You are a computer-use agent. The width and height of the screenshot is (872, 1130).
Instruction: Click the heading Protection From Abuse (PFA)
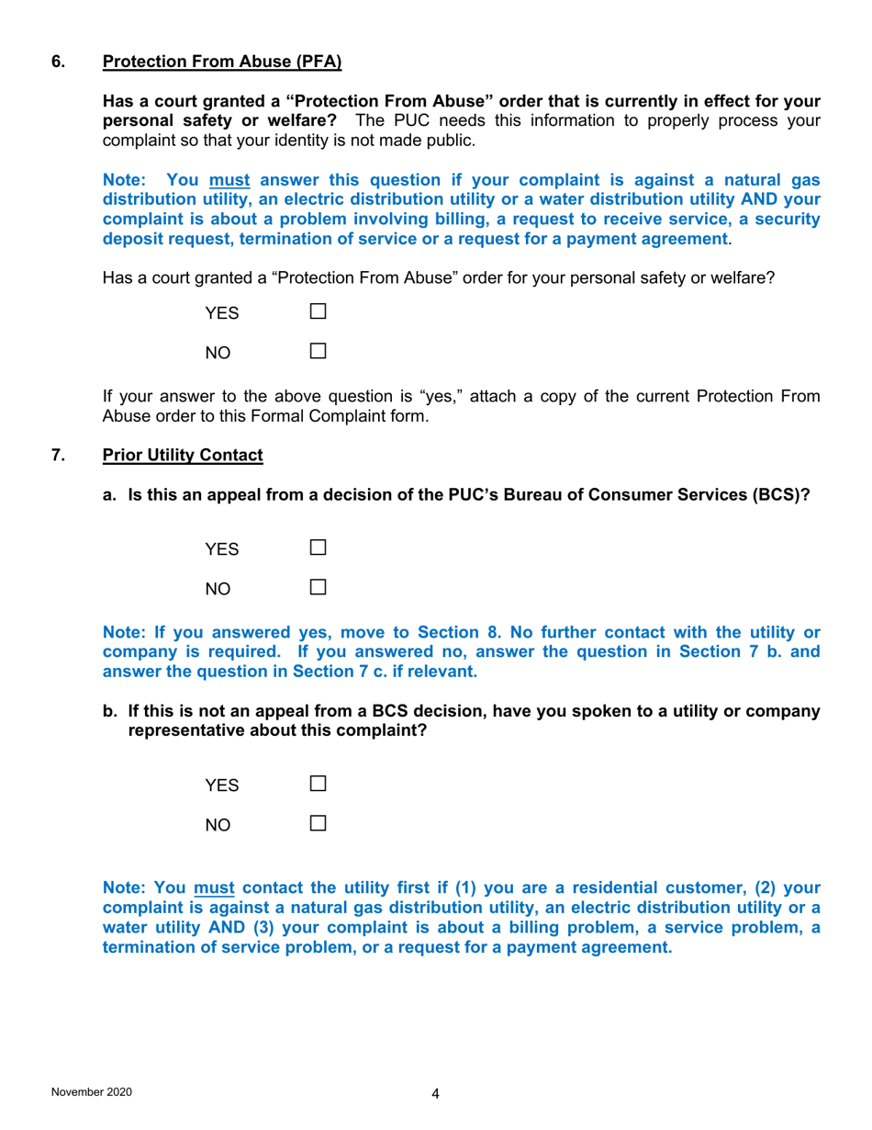click(221, 62)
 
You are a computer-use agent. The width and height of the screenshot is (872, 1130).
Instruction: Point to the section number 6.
click(57, 62)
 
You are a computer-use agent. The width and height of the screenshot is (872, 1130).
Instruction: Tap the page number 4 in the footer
click(435, 1093)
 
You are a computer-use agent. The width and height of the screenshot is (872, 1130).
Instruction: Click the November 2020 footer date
click(91, 1091)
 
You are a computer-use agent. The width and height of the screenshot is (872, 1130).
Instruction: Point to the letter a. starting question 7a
click(110, 496)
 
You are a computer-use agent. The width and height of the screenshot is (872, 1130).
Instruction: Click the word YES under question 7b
click(221, 786)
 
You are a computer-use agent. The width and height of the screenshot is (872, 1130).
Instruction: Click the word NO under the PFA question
click(218, 352)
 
